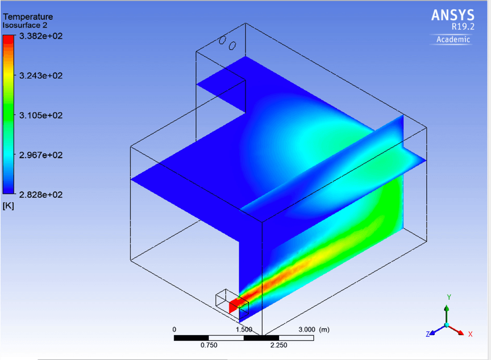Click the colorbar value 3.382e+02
(x=41, y=36)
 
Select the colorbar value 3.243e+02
(x=41, y=75)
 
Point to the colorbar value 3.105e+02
(x=41, y=115)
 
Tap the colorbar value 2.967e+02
(x=41, y=155)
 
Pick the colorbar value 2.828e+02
(x=41, y=194)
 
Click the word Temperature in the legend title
(x=28, y=17)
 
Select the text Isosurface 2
(x=25, y=25)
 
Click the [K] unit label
(x=8, y=206)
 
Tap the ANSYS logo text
(x=452, y=15)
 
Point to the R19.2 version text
(x=463, y=27)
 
